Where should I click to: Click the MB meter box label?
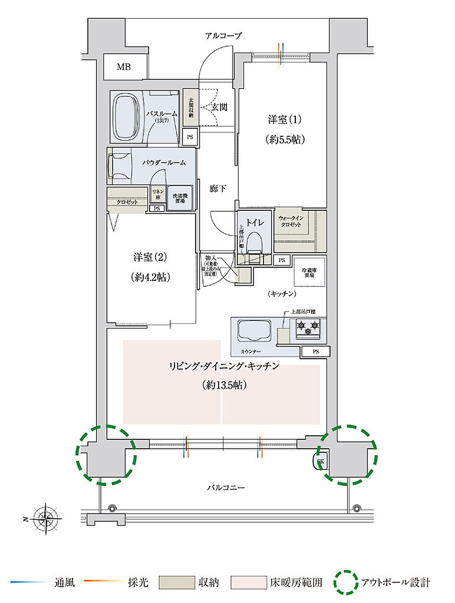[123, 67]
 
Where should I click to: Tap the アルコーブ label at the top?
[223, 36]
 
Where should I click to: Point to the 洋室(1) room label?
[285, 120]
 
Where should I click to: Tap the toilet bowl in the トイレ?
[255, 242]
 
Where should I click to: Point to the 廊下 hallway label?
[218, 189]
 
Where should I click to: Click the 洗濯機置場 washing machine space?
[179, 199]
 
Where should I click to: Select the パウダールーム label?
[164, 163]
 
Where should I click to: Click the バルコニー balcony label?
[225, 488]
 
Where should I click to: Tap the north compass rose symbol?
[45, 519]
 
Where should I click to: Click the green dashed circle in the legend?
[346, 582]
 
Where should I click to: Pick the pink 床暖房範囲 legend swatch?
[252, 583]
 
